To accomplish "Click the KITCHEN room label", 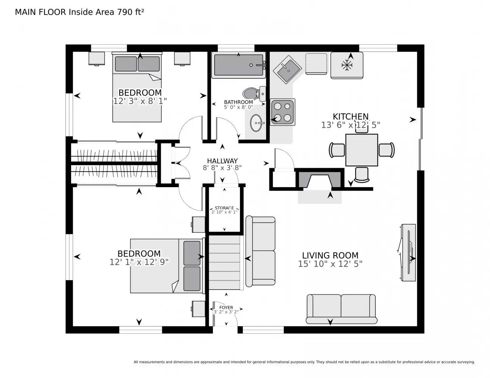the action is point(350,116).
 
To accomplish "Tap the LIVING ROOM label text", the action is point(330,256).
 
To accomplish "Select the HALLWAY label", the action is point(222,161).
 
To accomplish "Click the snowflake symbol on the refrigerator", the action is point(347,65).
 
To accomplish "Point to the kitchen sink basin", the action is point(287,70).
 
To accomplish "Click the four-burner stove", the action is point(283,112).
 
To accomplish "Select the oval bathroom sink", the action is point(256,123).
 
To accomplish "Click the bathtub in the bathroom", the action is point(239,65).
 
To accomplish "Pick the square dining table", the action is point(361,150).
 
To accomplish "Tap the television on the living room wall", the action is point(408,252).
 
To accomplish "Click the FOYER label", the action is point(226,307).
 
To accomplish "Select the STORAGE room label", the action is point(224,208).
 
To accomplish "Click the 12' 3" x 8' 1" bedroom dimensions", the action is point(140,101).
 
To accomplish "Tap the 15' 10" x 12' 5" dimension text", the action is point(330,264).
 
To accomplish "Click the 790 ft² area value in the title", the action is point(130,12).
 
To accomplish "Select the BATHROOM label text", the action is point(238,102).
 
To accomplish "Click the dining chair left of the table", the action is point(337,150).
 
